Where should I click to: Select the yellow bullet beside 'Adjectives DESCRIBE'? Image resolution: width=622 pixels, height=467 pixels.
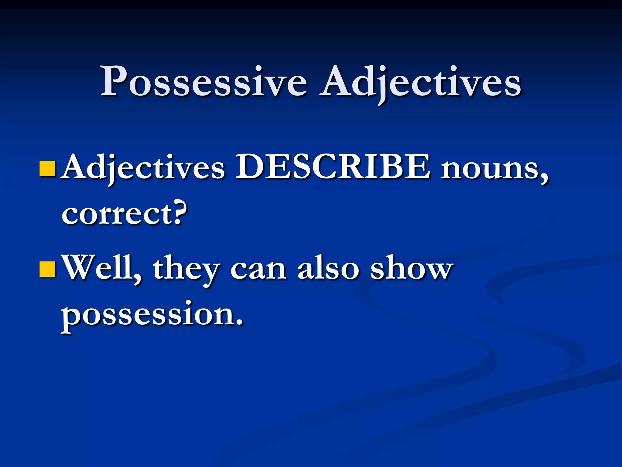click(x=47, y=169)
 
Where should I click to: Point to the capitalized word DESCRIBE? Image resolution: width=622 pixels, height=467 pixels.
click(x=333, y=167)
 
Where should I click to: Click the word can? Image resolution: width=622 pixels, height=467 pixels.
click(x=258, y=269)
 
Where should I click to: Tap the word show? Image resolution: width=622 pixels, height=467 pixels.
click(x=412, y=268)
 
